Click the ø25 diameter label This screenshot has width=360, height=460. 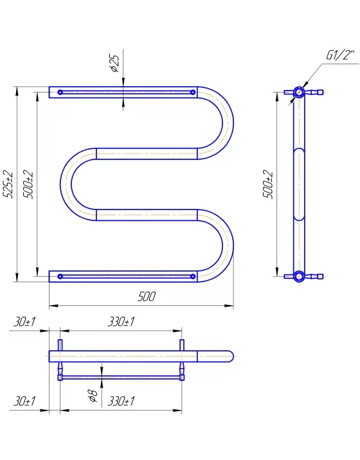tap(114, 64)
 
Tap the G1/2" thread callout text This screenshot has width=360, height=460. tap(341, 55)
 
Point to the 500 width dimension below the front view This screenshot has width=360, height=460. tap(146, 297)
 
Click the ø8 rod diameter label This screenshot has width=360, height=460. tap(93, 396)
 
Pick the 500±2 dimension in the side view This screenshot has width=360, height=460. tap(268, 184)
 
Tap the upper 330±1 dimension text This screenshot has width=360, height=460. tap(121, 322)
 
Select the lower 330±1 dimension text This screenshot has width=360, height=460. tap(121, 401)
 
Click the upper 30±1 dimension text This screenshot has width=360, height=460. tap(24, 322)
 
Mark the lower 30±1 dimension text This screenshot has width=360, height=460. tap(24, 401)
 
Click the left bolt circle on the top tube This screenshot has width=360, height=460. tap(60, 92)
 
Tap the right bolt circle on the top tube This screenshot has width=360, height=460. tap(193, 92)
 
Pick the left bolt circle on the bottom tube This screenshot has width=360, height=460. tap(60, 276)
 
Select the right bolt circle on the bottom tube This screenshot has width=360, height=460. tap(193, 276)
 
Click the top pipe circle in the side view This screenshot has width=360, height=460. tap(299, 92)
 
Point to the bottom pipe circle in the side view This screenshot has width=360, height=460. tap(299, 276)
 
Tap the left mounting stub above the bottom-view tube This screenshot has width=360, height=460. tap(60, 345)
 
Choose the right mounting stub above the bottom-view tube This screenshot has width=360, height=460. tap(182, 345)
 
